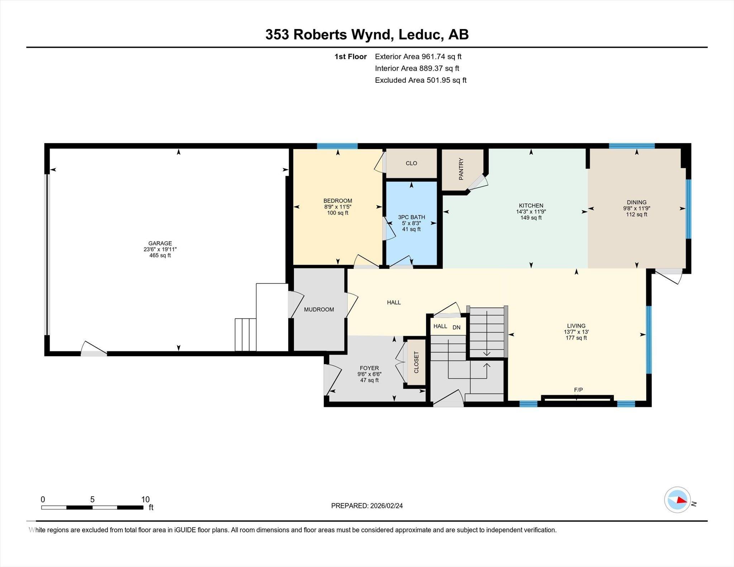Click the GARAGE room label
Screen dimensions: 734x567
click(x=160, y=243)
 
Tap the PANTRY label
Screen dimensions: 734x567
click(x=461, y=169)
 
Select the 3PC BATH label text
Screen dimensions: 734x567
click(x=411, y=217)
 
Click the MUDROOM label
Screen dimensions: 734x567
click(x=319, y=309)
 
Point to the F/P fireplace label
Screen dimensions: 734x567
click(x=578, y=390)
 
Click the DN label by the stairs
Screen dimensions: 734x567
click(x=456, y=327)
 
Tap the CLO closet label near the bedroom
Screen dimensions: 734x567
click(x=411, y=163)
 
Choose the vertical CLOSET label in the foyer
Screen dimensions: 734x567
click(x=416, y=362)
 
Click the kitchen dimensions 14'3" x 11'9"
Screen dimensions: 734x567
click(x=531, y=212)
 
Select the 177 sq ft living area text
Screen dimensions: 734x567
click(x=576, y=338)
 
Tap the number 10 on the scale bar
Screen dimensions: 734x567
click(x=145, y=500)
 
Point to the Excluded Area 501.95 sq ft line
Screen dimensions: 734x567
click(x=421, y=80)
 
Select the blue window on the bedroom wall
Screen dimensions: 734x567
click(x=337, y=146)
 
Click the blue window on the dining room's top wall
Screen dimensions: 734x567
click(x=632, y=146)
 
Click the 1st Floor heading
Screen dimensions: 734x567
click(x=351, y=57)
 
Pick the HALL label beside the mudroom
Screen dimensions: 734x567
click(x=394, y=302)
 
